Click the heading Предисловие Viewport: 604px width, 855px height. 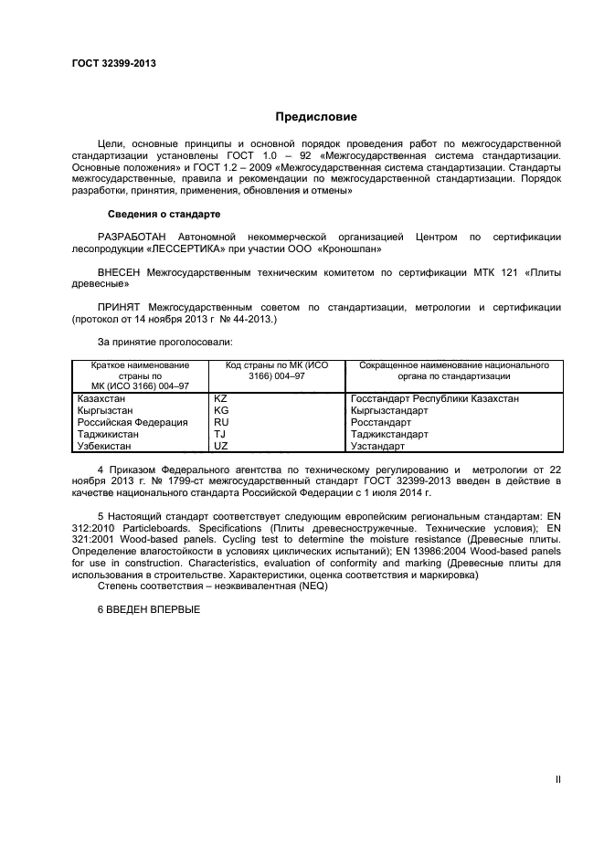coord(316,117)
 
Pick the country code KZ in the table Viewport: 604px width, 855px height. coord(220,399)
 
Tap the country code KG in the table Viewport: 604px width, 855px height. coord(220,411)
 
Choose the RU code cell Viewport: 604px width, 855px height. coord(220,423)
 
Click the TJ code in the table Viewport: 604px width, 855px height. coord(219,435)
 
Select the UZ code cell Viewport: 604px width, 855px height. coord(220,447)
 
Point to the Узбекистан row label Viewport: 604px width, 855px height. coord(106,447)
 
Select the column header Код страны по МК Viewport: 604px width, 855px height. coord(276,370)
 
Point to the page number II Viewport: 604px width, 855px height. coord(558,779)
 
